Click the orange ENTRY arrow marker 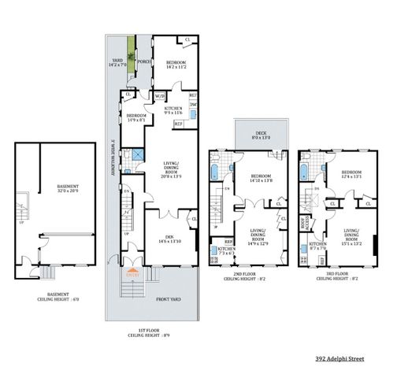coord(130,274)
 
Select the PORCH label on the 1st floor coord(144,61)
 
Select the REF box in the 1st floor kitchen coord(178,124)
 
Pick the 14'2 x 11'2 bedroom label coord(176,65)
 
